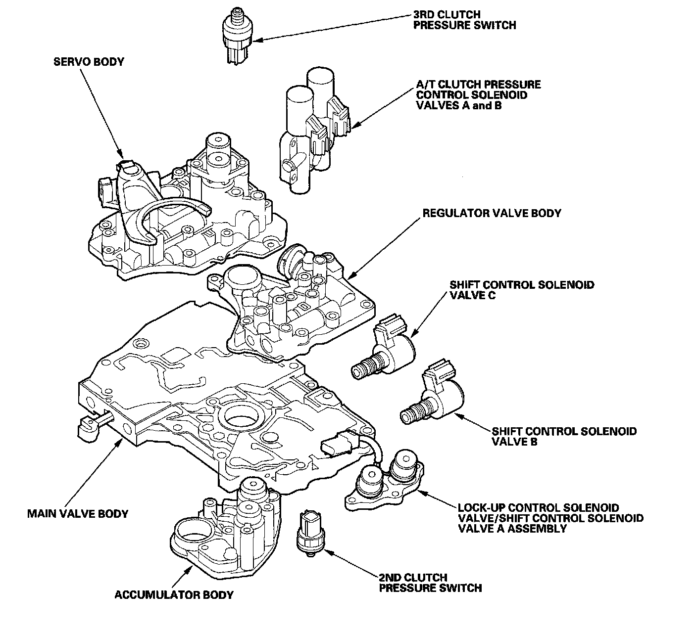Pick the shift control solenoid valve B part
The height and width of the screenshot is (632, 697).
tap(436, 398)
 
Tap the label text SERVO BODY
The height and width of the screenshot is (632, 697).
tap(89, 62)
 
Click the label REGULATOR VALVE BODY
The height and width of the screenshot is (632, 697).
tap(491, 213)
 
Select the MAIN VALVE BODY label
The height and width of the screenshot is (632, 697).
tap(78, 513)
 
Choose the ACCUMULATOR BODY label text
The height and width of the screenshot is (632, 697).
tap(174, 594)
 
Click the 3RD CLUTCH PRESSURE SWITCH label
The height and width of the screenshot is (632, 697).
tap(464, 19)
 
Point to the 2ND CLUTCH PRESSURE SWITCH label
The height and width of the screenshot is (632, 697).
tap(430, 583)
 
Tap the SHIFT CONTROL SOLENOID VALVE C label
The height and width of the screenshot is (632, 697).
tap(521, 290)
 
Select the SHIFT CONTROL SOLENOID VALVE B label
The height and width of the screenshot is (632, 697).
tap(564, 436)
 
